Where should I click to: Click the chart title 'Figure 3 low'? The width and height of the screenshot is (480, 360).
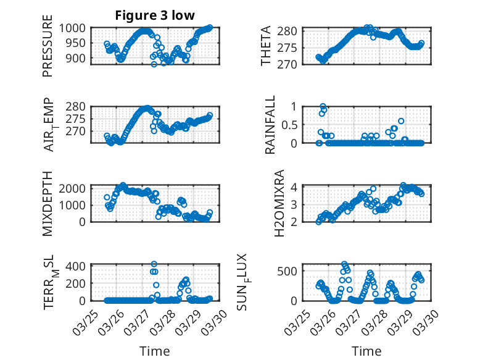(155, 15)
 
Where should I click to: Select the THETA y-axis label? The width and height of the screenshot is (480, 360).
(266, 46)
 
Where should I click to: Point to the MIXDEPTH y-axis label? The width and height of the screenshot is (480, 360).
(48, 204)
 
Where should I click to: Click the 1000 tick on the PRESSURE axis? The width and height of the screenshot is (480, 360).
(74, 28)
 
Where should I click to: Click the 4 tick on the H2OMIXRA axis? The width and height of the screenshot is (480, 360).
(296, 187)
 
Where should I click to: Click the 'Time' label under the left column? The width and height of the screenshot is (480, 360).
(155, 351)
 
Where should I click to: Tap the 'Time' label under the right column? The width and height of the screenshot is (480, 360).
(366, 351)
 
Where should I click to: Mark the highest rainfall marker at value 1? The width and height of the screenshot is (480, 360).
(323, 107)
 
